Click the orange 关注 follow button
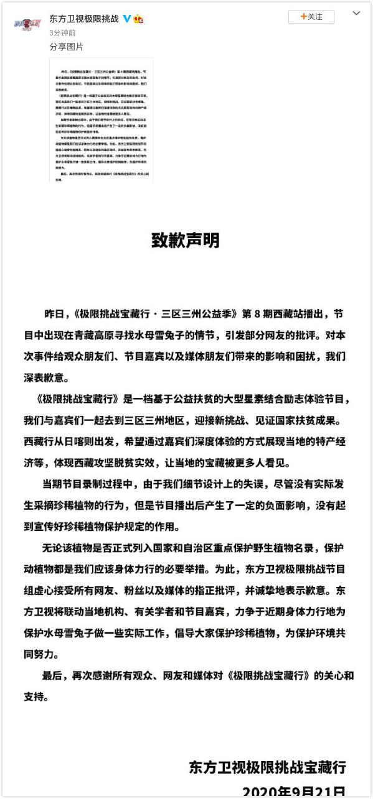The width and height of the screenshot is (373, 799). point(311,17)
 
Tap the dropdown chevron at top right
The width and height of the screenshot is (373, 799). point(356,13)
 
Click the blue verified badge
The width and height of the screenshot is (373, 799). point(127,19)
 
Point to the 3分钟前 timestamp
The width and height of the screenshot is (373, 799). point(62,33)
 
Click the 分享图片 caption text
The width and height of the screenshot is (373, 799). point(66,47)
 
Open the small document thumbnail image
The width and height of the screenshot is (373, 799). point(101,120)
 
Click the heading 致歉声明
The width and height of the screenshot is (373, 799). point(186,240)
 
